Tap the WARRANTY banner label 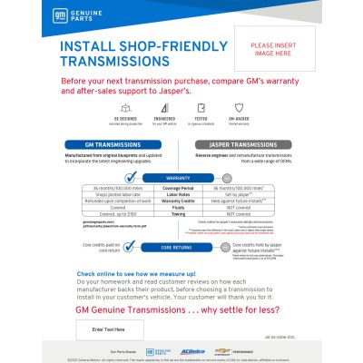tap(178, 178)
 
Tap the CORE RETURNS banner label tap(178, 247)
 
